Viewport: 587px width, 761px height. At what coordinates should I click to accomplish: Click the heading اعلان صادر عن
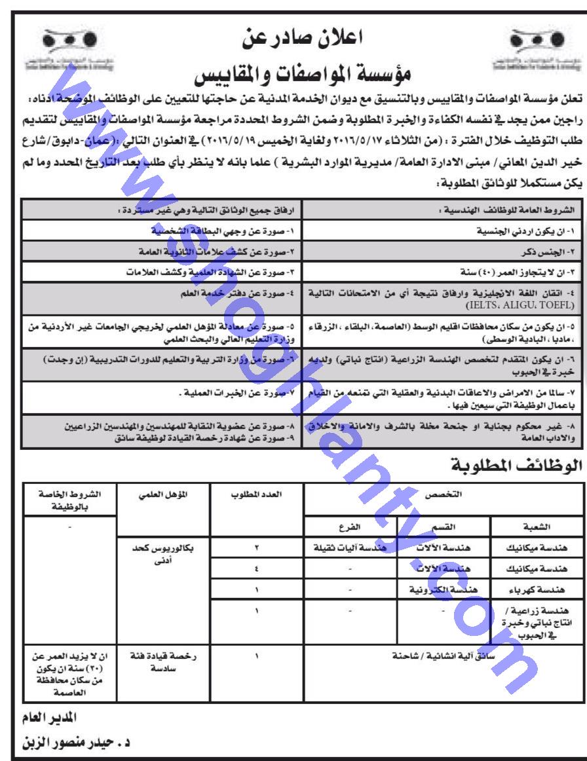pos(293,37)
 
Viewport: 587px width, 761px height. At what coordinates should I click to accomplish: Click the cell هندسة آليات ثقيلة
pos(351,544)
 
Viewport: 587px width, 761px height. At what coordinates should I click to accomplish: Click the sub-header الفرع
pos(351,525)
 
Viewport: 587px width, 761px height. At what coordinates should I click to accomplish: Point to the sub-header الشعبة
pos(535,525)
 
